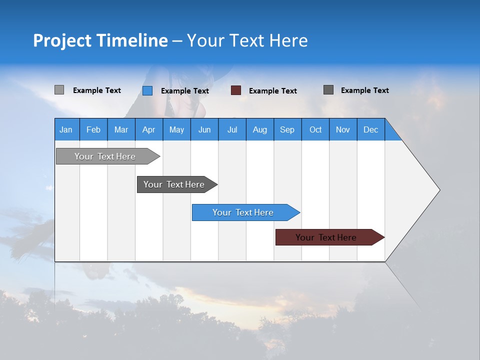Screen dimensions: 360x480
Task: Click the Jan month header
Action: tap(66, 129)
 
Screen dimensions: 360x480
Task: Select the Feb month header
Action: tap(93, 129)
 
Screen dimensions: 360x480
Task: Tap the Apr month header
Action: tap(149, 129)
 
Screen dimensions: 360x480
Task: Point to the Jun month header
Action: tap(204, 129)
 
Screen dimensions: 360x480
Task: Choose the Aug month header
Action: tap(260, 129)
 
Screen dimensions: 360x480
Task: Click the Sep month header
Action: tap(287, 129)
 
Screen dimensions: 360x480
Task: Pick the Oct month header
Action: tap(315, 129)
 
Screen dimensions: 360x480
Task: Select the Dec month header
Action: tap(371, 129)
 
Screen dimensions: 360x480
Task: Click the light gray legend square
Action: tap(59, 90)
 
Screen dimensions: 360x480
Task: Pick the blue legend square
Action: tap(147, 90)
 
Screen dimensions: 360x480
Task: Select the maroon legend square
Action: tap(236, 90)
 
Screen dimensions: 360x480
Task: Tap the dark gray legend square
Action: tap(328, 90)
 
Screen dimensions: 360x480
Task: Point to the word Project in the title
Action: tap(62, 40)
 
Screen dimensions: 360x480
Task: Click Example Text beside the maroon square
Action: tap(273, 91)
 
